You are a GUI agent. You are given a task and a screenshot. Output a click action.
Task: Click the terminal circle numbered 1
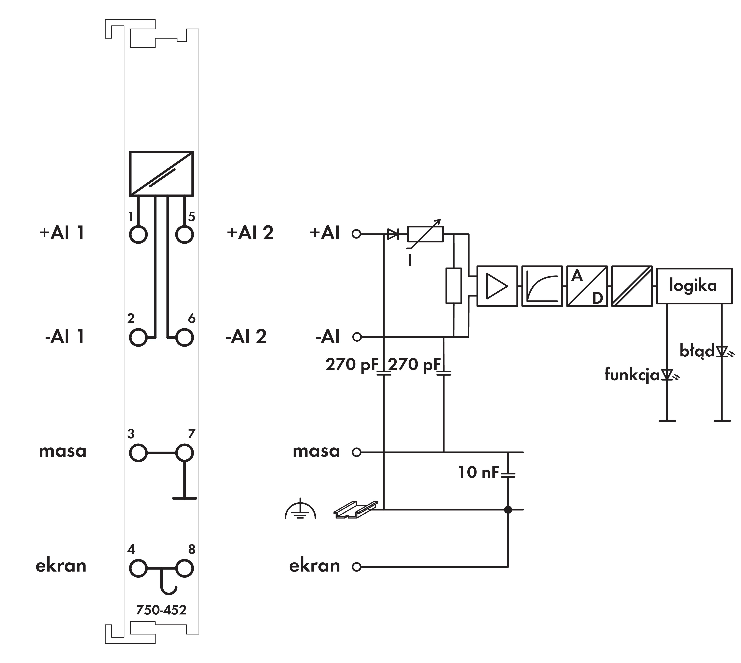tap(138, 234)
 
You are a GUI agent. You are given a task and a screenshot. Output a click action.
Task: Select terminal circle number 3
tap(138, 453)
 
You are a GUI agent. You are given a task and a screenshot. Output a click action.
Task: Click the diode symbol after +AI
tap(392, 234)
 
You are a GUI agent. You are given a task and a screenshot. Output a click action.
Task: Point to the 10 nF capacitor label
tap(478, 472)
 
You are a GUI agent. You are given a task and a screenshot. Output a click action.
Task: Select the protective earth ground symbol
tap(300, 509)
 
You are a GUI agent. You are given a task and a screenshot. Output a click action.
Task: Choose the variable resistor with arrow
tap(425, 234)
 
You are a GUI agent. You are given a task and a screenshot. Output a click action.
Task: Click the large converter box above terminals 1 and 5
tap(161, 174)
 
